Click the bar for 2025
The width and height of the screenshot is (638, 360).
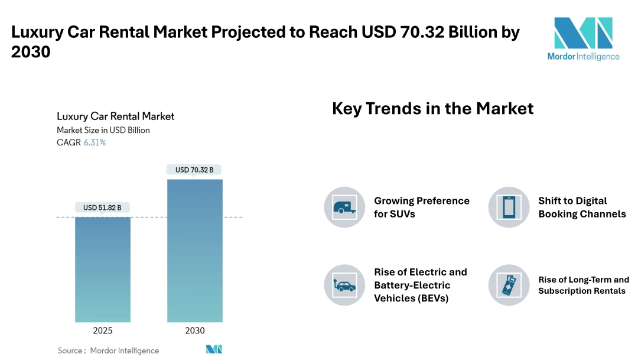[x=103, y=270]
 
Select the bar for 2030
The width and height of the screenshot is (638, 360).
[x=195, y=251]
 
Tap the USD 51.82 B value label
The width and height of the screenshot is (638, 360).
[x=103, y=207]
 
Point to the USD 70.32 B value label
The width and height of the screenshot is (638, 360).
[x=194, y=170]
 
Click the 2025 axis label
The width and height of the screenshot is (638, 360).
[x=103, y=331]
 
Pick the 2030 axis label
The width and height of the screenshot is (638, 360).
[x=195, y=331]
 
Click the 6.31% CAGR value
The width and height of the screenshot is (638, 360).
[x=95, y=142]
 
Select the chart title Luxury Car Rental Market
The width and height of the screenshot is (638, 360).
[x=115, y=116]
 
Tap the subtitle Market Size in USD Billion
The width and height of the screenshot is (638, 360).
[x=103, y=130]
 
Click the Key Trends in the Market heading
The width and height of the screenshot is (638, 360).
[x=432, y=109]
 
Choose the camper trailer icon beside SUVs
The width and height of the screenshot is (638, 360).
[x=344, y=207]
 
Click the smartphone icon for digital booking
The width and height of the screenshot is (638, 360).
[x=509, y=207]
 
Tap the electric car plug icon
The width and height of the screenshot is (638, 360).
[x=344, y=285]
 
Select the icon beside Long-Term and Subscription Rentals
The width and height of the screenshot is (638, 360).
[x=509, y=285]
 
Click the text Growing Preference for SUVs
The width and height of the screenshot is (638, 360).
[x=421, y=207]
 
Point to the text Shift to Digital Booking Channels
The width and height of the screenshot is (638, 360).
[x=582, y=207]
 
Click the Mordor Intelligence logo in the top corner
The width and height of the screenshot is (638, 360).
[x=583, y=39]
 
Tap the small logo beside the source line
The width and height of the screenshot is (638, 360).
[x=214, y=349]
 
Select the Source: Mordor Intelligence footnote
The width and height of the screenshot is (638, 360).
[x=108, y=351]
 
